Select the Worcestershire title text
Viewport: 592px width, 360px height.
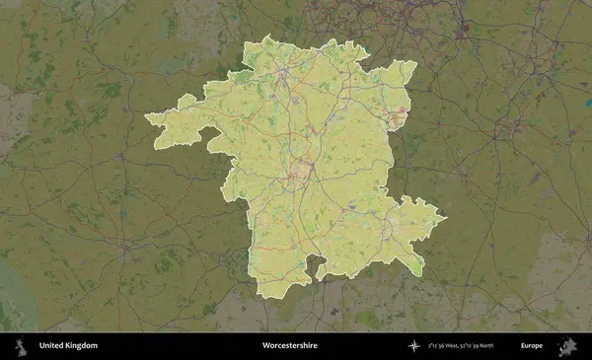click(x=289, y=346)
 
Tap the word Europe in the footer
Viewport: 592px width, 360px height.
click(x=532, y=346)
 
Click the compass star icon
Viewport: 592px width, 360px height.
click(x=414, y=346)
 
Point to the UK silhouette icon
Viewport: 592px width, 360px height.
click(x=21, y=346)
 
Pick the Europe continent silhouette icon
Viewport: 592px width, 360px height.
click(x=566, y=346)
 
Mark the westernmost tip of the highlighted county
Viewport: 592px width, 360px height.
click(x=146, y=118)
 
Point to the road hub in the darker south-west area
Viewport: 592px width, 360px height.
click(x=126, y=249)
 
